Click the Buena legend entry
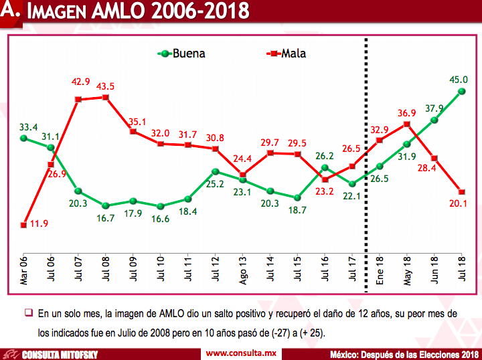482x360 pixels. coord(182,54)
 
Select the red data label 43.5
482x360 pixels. coord(105,86)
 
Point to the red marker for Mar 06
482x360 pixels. coord(23,225)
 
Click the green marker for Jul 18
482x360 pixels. coord(462,92)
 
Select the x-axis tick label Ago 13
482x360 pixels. coord(243,272)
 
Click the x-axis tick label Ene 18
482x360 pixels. coord(380,272)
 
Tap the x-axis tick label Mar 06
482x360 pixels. coord(23,272)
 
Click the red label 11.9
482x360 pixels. coord(39,223)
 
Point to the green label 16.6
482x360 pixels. coord(161,219)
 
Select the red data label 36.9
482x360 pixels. coord(406,113)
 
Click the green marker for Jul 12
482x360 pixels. coord(215,172)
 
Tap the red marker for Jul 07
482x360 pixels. coord(78,100)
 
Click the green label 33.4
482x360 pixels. coord(28,126)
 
